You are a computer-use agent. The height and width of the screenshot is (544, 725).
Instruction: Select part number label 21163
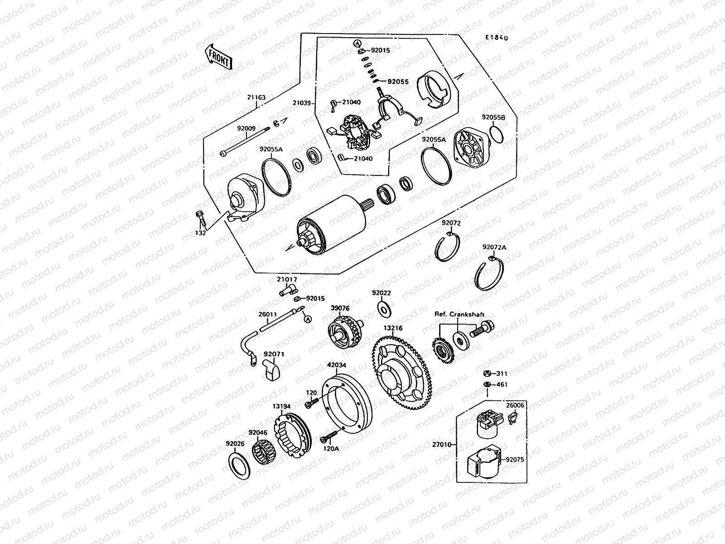click(x=256, y=97)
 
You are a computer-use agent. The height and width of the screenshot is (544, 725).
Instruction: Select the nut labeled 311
click(x=486, y=373)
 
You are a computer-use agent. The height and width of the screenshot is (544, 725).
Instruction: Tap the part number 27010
click(x=442, y=445)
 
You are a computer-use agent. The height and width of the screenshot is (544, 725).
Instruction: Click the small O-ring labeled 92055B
click(x=497, y=135)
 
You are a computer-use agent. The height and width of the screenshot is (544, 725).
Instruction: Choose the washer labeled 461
click(x=486, y=385)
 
